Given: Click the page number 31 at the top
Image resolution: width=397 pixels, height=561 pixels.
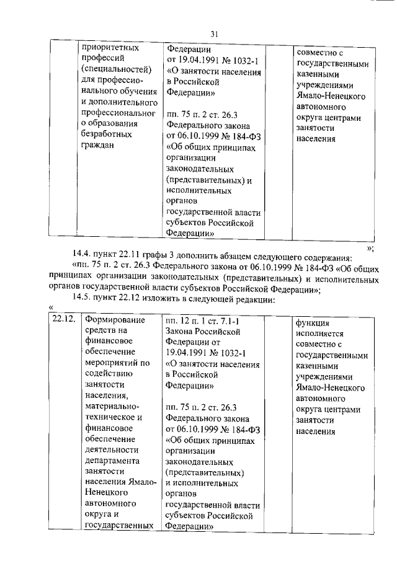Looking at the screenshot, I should (x=215, y=33).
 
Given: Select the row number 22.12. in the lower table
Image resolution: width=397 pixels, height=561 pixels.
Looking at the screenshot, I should (x=61, y=320).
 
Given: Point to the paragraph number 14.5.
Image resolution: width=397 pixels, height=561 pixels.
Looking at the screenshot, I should (x=83, y=298).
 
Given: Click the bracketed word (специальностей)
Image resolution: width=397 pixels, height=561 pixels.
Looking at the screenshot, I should (x=117, y=69).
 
